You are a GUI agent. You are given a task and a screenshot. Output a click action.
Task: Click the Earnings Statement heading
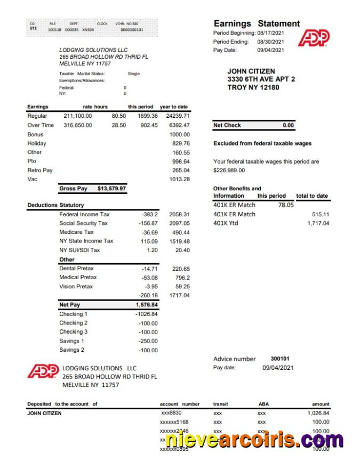point(257,23)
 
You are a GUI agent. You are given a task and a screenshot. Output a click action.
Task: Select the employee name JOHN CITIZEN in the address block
point(251,71)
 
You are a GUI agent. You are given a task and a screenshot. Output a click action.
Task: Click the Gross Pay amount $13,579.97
point(112,188)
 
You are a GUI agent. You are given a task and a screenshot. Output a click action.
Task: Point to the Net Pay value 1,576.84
point(147,305)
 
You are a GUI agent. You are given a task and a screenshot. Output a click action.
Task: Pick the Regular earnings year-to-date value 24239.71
point(178,116)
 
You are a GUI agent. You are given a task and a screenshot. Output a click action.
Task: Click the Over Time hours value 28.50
point(118,125)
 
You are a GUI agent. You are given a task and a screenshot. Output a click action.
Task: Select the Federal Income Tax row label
point(84,214)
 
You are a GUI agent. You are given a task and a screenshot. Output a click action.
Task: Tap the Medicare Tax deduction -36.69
point(148,232)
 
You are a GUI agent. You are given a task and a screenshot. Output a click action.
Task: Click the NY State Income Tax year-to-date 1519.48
point(179,241)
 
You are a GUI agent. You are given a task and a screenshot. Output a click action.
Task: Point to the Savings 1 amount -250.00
point(147,341)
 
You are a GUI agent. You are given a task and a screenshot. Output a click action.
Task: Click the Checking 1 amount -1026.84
point(146,314)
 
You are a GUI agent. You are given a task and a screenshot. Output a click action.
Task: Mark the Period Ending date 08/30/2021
point(270,42)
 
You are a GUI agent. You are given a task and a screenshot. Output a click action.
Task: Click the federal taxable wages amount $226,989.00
point(229,171)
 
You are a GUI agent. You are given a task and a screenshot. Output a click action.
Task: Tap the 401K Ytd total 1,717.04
point(318,223)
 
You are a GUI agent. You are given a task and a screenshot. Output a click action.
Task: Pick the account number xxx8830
point(172,413)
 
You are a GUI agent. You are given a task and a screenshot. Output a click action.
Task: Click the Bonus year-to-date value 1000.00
point(179,134)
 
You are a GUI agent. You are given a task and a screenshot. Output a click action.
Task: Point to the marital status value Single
point(134,74)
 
